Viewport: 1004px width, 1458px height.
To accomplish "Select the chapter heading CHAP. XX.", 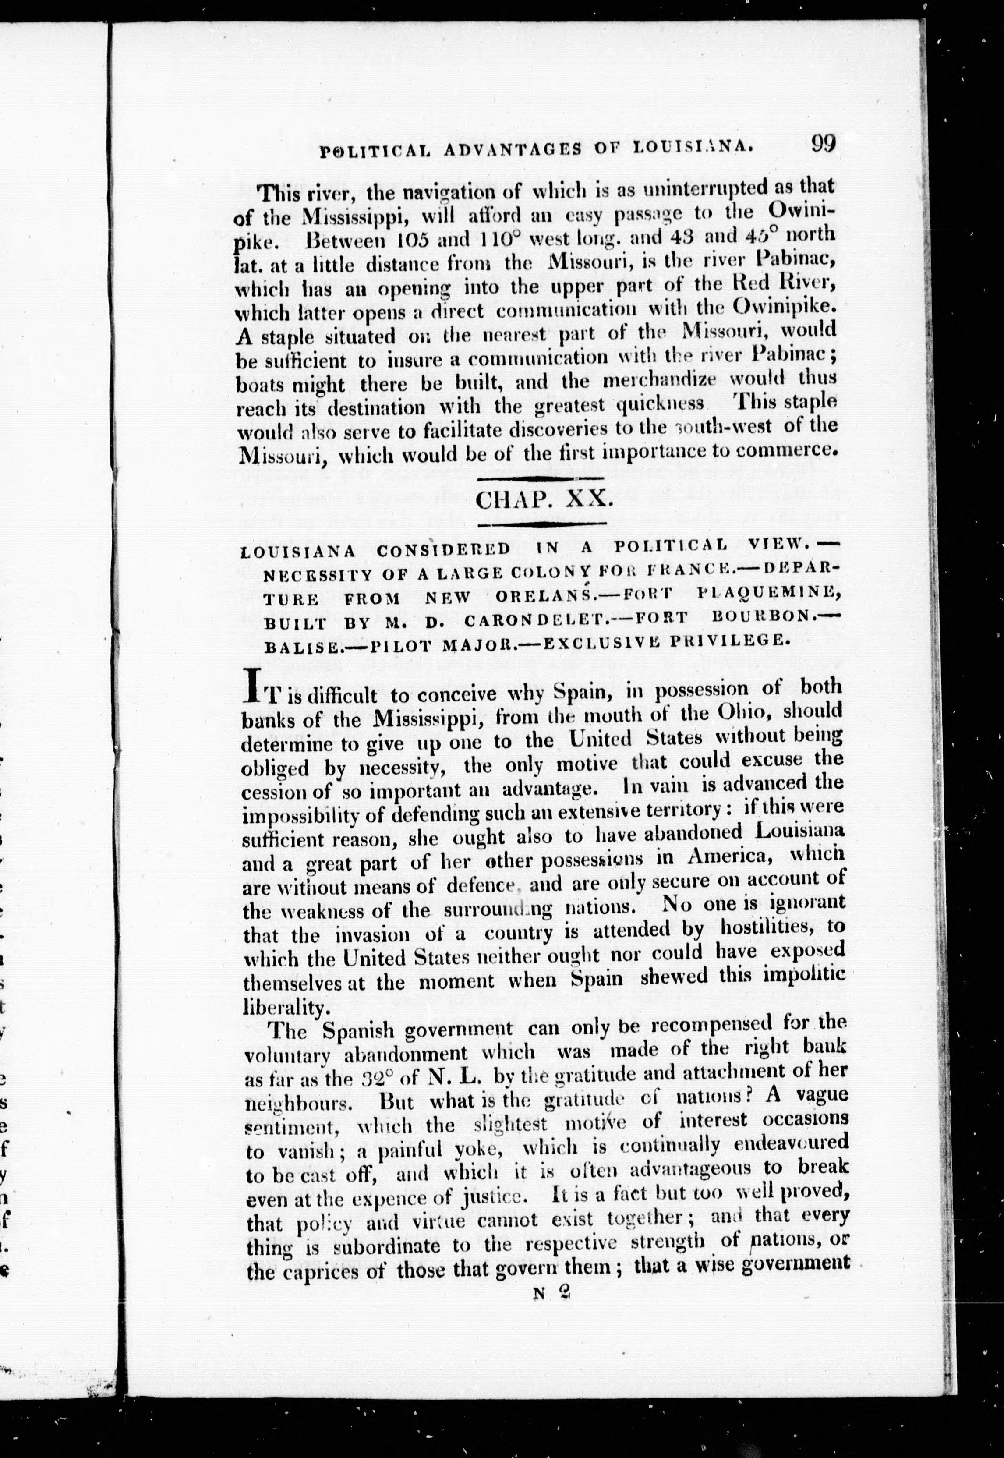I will click(x=544, y=500).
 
